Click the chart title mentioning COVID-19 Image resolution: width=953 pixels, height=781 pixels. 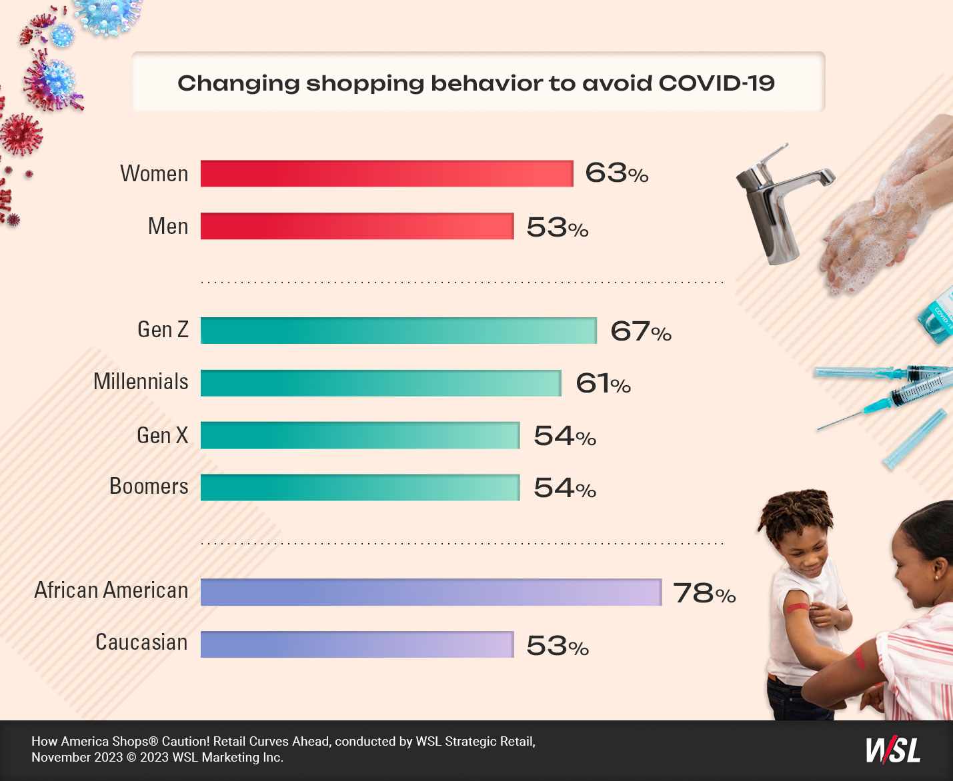point(476,83)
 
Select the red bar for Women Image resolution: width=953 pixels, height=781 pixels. point(387,174)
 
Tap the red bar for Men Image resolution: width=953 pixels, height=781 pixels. point(357,227)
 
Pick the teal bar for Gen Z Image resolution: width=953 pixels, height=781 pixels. point(398,331)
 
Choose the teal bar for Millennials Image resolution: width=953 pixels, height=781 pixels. point(381,383)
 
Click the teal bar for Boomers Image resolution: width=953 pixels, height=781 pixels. point(360,488)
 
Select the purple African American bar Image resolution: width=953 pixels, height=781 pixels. point(431,592)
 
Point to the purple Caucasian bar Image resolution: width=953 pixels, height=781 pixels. point(357,644)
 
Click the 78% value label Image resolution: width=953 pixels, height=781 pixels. point(704,593)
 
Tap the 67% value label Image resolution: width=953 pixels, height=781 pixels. point(641,331)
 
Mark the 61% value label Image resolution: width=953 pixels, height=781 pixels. point(603,384)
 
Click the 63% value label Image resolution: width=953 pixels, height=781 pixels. point(616,173)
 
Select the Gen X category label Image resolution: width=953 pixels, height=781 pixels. point(162,435)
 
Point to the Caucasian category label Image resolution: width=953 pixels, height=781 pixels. point(141,642)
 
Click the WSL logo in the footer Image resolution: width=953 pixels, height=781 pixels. point(893,750)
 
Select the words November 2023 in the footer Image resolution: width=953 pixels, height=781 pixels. point(77,758)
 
